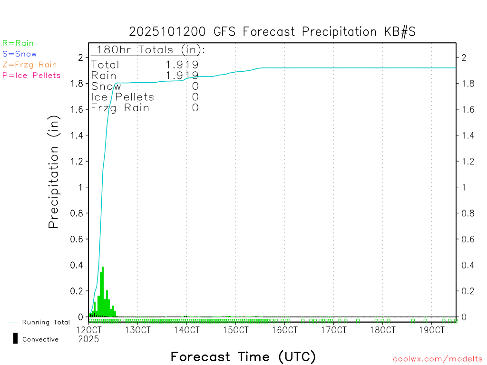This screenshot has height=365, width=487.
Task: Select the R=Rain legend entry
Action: click(x=18, y=43)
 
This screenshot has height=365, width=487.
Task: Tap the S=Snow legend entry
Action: click(x=19, y=54)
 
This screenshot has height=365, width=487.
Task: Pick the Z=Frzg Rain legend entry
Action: click(x=29, y=65)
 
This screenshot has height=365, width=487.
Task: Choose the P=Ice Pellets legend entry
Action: click(x=31, y=75)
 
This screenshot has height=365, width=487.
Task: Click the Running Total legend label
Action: click(x=46, y=322)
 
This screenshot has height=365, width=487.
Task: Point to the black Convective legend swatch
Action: click(x=16, y=338)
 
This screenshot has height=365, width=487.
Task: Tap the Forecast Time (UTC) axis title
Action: click(x=243, y=356)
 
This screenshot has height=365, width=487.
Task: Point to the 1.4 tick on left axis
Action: click(x=77, y=135)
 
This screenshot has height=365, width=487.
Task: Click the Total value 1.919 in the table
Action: click(x=182, y=65)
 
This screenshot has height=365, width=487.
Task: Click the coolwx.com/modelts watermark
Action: click(x=438, y=359)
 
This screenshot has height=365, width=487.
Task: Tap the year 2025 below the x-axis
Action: click(x=88, y=339)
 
